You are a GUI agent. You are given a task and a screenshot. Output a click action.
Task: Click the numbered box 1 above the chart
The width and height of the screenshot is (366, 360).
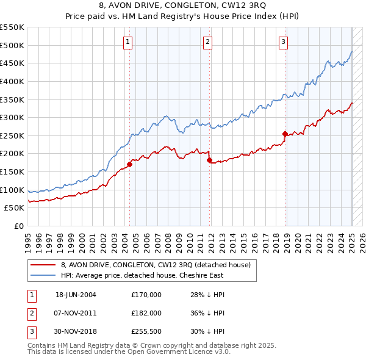128,42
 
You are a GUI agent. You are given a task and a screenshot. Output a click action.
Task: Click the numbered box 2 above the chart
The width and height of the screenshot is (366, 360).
207,42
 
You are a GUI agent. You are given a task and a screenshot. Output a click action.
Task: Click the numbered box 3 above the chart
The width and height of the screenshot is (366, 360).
284,42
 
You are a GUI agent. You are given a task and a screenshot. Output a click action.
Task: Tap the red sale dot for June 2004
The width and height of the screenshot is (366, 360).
130,164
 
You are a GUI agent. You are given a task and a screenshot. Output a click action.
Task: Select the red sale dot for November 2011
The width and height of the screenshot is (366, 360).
209,160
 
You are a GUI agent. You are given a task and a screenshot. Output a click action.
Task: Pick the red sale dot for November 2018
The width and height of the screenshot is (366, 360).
285,133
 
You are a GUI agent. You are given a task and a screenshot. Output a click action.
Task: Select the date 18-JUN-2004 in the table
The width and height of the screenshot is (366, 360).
76,295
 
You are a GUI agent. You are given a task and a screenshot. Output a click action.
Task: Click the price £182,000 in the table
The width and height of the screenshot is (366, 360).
146,313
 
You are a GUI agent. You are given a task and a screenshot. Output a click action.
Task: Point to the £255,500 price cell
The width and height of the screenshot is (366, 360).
146,331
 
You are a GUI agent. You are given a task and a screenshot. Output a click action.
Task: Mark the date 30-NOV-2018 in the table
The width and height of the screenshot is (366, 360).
76,331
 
